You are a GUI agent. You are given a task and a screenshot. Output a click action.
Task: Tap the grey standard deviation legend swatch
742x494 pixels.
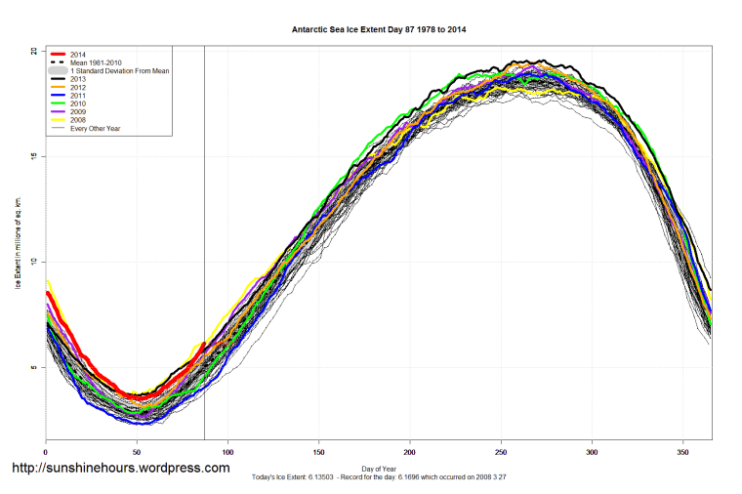tap(59, 71)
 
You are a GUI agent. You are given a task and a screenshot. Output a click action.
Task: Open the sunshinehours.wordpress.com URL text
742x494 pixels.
tap(120, 468)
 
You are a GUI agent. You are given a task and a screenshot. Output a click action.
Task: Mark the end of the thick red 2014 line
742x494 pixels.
tap(204, 344)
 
